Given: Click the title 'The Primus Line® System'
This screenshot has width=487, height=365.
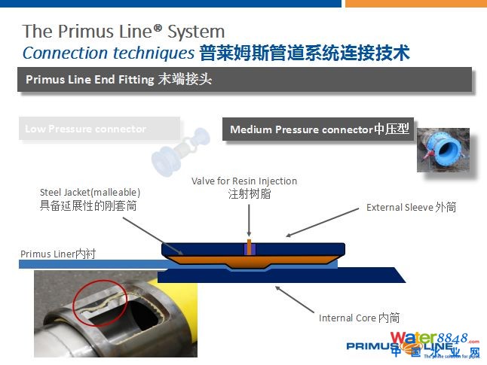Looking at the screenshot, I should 124,32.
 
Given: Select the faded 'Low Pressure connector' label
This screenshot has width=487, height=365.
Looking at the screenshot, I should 86,129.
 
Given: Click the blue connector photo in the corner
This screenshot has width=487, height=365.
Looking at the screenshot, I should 443,148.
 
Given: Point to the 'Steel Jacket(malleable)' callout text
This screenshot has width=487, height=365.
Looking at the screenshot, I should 90,191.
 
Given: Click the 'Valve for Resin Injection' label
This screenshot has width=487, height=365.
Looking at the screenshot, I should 244,181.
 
